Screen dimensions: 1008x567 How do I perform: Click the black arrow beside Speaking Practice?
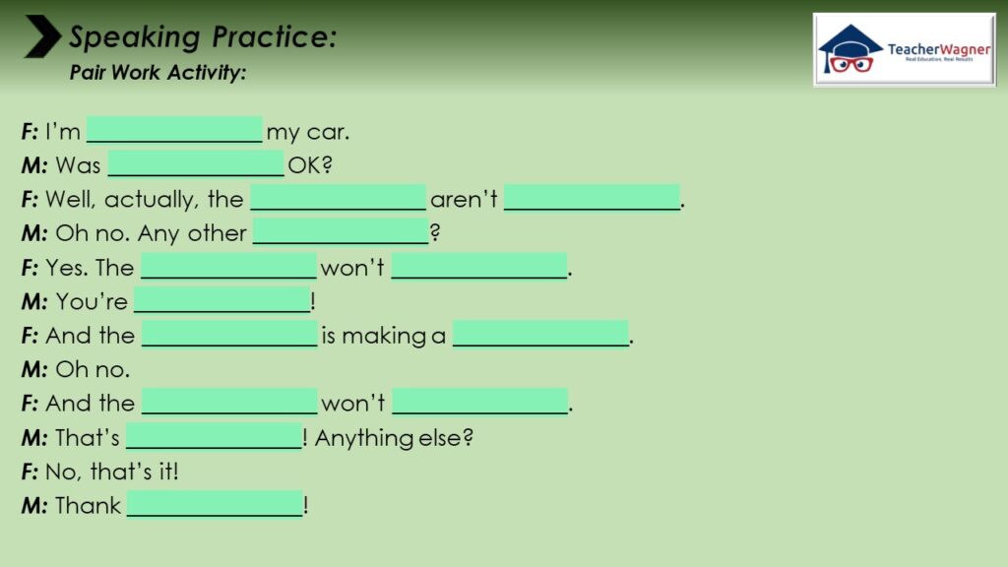pyautogui.click(x=42, y=36)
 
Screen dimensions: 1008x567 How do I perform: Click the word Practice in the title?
pyautogui.click(x=274, y=36)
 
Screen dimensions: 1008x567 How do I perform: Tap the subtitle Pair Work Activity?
pyautogui.click(x=157, y=72)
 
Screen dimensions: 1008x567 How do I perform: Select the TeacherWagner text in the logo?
pyautogui.click(x=938, y=49)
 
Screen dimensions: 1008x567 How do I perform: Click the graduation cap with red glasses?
pyautogui.click(x=850, y=49)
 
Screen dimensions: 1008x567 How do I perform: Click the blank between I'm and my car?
pyautogui.click(x=174, y=129)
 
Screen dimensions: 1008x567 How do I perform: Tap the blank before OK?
pyautogui.click(x=196, y=163)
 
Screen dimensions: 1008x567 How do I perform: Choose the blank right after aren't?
pyautogui.click(x=592, y=197)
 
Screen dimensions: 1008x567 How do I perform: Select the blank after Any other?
pyautogui.click(x=341, y=231)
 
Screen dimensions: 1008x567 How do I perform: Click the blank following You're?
pyautogui.click(x=222, y=299)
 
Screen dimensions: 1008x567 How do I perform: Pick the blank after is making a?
pyautogui.click(x=540, y=334)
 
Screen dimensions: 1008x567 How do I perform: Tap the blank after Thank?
pyautogui.click(x=215, y=503)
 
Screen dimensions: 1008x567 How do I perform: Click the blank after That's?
pyautogui.click(x=214, y=436)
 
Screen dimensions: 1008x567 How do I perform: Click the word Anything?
pyautogui.click(x=364, y=438)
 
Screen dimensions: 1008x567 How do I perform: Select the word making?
pyautogui.click(x=384, y=337)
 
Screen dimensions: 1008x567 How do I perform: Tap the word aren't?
pyautogui.click(x=464, y=199)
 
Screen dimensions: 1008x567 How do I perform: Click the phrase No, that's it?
pyautogui.click(x=112, y=472)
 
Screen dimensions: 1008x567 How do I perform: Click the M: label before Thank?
pyautogui.click(x=34, y=506)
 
